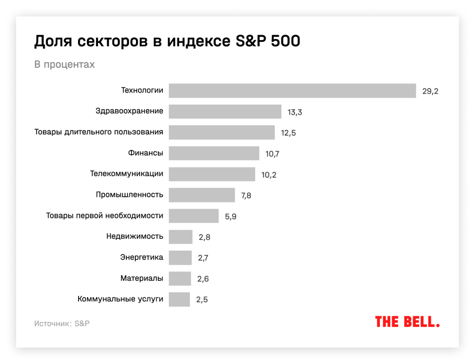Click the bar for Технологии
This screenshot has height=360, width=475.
(292, 91)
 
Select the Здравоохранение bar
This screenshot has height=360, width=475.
(225, 111)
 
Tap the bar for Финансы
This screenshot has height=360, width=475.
(214, 153)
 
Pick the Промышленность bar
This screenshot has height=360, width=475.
(202, 195)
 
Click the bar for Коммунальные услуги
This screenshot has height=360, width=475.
(179, 299)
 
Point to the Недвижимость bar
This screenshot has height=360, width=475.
(180, 237)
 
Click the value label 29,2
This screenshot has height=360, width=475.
(430, 91)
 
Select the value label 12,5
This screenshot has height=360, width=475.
(288, 133)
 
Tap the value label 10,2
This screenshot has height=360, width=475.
(268, 175)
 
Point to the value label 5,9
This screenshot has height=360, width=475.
(231, 217)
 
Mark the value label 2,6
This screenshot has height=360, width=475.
(202, 279)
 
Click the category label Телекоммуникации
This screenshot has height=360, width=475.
(126, 174)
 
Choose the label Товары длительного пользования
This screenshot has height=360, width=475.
(99, 132)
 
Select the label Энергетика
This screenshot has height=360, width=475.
(142, 257)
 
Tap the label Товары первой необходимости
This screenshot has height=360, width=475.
(104, 216)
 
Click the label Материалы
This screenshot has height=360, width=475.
(142, 278)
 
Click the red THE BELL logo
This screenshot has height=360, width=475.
(407, 322)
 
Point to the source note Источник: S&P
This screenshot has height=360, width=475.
(62, 323)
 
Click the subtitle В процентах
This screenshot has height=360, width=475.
(64, 64)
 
